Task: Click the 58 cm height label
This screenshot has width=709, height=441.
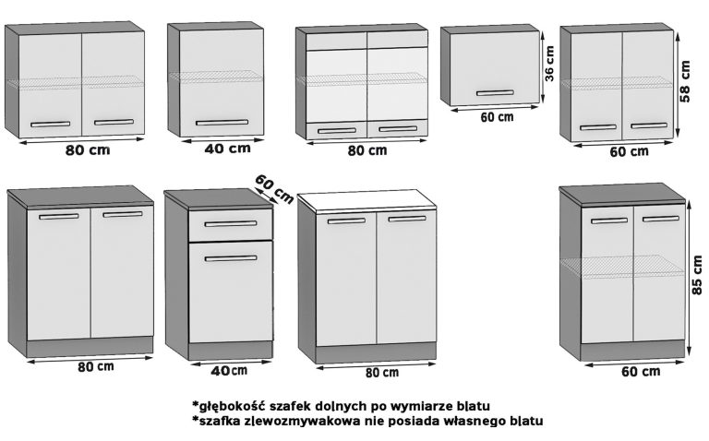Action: tap(684, 84)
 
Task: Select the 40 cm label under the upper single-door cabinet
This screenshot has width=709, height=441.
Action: tap(227, 148)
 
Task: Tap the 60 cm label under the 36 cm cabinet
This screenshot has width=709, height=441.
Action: tap(497, 117)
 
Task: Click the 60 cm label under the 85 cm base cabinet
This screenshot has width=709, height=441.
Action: tap(640, 372)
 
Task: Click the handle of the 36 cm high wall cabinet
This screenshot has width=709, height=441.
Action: tap(495, 92)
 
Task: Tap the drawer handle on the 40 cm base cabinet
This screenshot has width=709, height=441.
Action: tap(231, 224)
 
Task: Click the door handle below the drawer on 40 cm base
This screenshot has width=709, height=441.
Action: tap(231, 258)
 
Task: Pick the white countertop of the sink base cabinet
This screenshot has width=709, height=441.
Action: tap(369, 201)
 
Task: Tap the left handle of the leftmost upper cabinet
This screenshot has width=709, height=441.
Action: tap(50, 124)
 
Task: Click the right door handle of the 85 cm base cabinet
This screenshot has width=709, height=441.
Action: tap(661, 219)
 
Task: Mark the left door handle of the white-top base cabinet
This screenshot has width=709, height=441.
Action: tap(346, 220)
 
